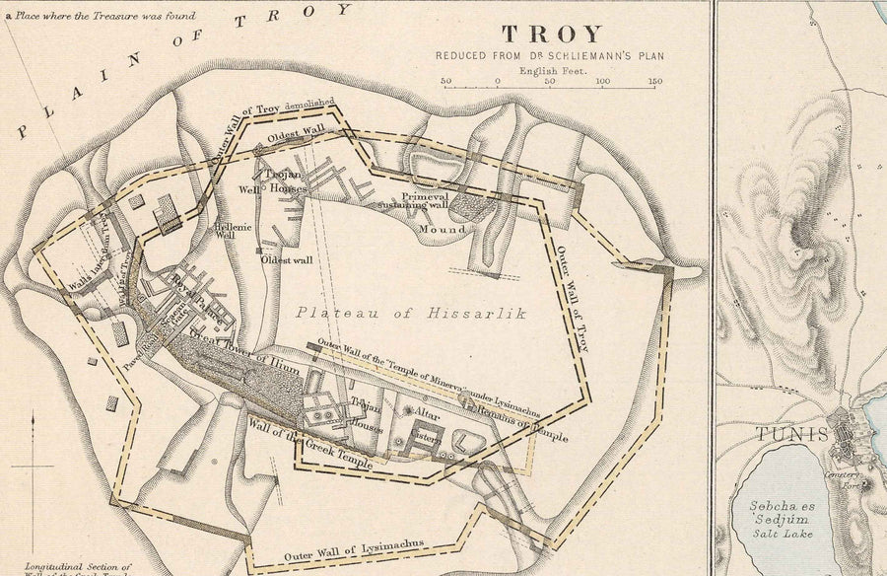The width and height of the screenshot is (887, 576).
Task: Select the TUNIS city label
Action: [x=784, y=433]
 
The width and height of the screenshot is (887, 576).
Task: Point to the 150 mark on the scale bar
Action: [x=655, y=81]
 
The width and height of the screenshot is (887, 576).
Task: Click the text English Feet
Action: [x=550, y=71]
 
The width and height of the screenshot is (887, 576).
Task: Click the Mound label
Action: [x=445, y=229]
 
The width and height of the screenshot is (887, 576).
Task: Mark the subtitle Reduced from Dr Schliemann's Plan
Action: [x=550, y=56]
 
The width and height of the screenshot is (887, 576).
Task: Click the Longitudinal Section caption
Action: [x=79, y=568]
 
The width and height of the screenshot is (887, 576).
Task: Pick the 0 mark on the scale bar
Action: [x=498, y=81]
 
